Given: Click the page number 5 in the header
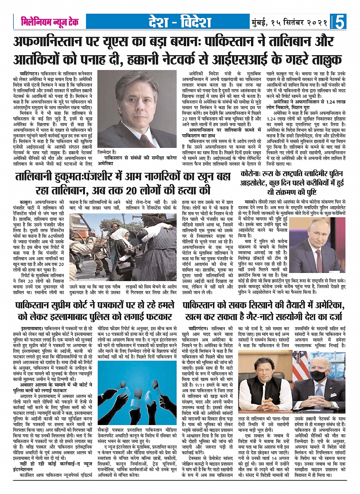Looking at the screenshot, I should click(340, 22).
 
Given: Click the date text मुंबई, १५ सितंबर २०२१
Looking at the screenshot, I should click(289, 22).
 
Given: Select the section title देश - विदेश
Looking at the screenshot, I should click(180, 22).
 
